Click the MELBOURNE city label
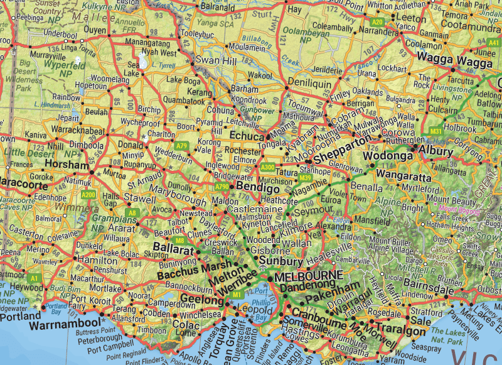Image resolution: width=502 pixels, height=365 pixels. tap(308, 276)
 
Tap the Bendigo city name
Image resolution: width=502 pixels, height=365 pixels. tap(256, 188)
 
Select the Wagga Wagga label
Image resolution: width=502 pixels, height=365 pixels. tap(449, 60)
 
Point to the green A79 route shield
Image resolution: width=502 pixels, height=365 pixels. tap(182, 146)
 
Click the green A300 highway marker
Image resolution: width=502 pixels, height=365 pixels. tap(268, 167)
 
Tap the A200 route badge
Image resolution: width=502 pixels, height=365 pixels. tap(88, 195)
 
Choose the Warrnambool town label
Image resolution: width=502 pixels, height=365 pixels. tap(65, 325)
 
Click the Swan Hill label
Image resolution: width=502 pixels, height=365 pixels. tap(216, 60)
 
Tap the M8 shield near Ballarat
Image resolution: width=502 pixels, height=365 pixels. tap(179, 241)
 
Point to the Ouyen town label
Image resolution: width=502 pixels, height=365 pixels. tap(95, 30)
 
